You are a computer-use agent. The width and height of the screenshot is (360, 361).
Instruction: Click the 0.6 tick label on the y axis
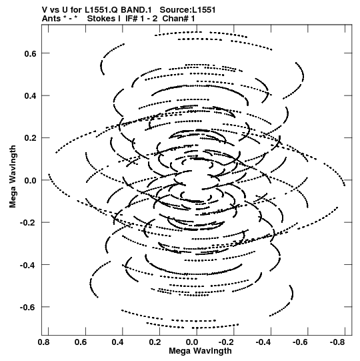click(31, 53)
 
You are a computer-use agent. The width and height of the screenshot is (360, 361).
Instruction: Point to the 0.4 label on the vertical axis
click(31, 96)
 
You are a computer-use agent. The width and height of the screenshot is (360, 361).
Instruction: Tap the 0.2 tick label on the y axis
click(31, 138)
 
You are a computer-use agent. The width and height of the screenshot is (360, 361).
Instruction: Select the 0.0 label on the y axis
click(31, 180)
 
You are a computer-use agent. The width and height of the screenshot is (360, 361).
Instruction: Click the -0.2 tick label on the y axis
click(28, 223)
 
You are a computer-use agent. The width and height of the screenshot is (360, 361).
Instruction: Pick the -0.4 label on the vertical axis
click(28, 265)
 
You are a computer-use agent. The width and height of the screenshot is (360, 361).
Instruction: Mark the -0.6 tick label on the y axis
click(28, 308)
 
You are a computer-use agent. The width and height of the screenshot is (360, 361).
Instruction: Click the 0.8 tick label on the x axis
click(44, 342)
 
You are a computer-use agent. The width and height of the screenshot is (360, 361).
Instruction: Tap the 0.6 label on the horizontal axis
click(81, 342)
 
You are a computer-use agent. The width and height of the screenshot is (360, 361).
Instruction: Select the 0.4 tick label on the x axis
click(118, 342)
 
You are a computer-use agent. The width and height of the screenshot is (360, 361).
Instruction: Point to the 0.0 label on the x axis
click(192, 342)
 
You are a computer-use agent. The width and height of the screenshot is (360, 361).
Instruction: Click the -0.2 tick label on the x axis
click(227, 342)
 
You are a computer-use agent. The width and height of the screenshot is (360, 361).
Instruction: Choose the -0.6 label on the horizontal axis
click(301, 342)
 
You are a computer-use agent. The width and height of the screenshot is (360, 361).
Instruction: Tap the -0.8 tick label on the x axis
click(338, 342)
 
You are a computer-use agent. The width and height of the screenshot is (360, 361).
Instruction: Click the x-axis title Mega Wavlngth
click(201, 351)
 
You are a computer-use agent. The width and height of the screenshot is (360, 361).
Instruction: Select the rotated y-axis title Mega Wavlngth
click(13, 177)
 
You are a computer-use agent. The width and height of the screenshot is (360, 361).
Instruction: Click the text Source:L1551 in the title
click(188, 10)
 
